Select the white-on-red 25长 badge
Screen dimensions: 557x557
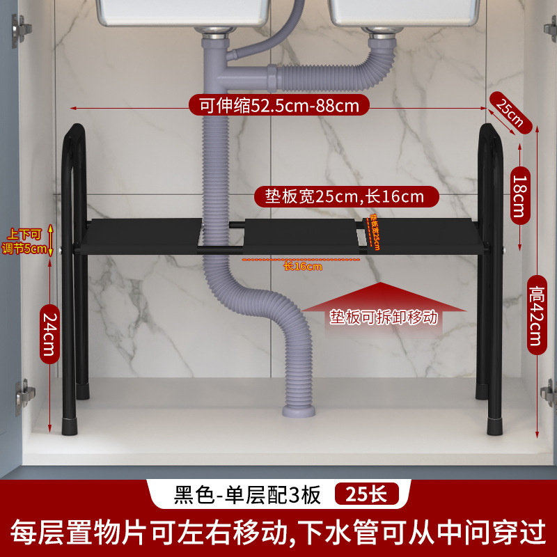click(x=366, y=495)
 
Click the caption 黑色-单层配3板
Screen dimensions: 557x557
click(x=246, y=495)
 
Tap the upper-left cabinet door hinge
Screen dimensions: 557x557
click(x=22, y=29)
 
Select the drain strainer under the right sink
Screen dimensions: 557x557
click(x=377, y=31)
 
